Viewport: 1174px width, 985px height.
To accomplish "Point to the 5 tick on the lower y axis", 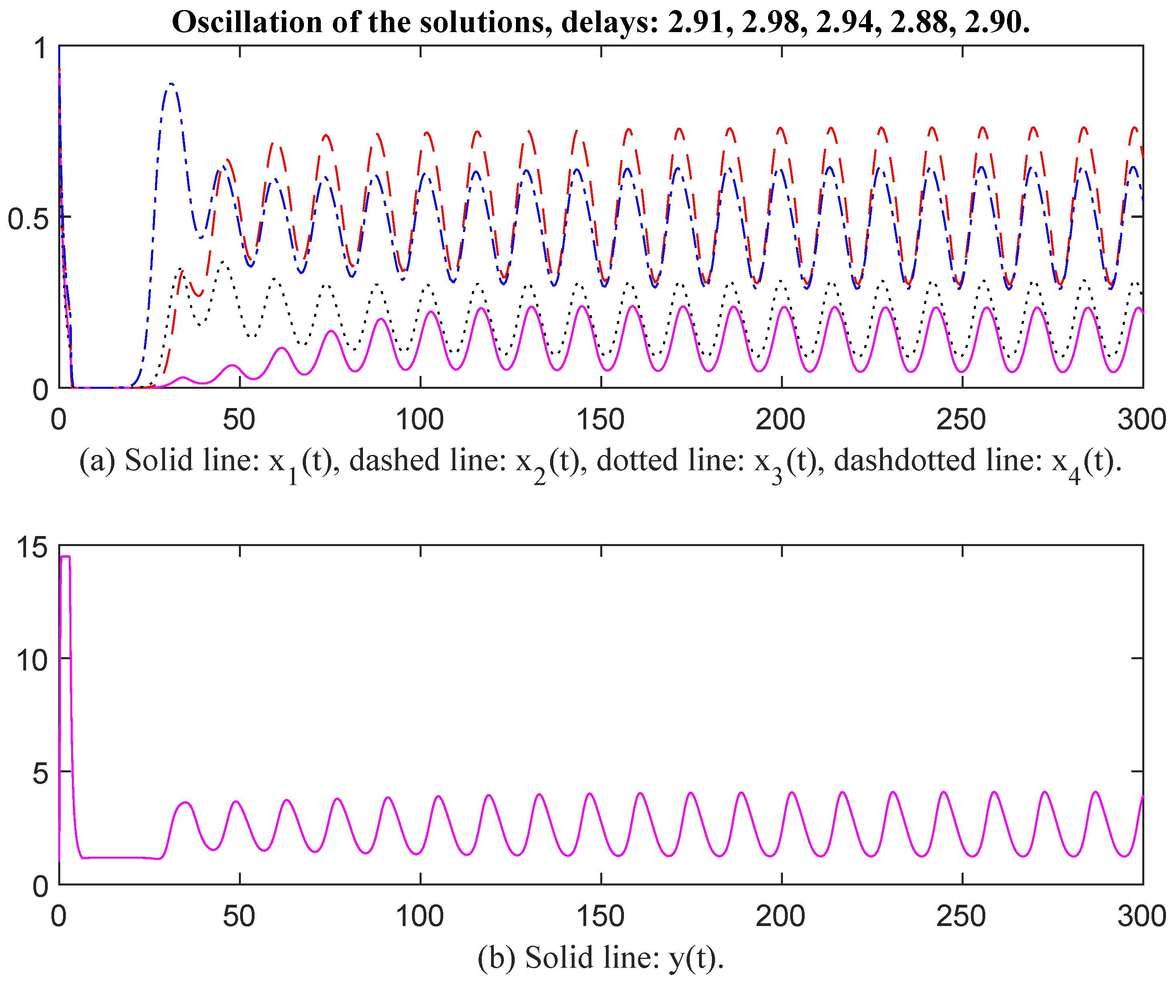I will [40, 774].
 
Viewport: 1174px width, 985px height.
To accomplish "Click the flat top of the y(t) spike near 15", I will [65, 556].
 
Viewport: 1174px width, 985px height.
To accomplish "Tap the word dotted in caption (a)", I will [632, 461].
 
